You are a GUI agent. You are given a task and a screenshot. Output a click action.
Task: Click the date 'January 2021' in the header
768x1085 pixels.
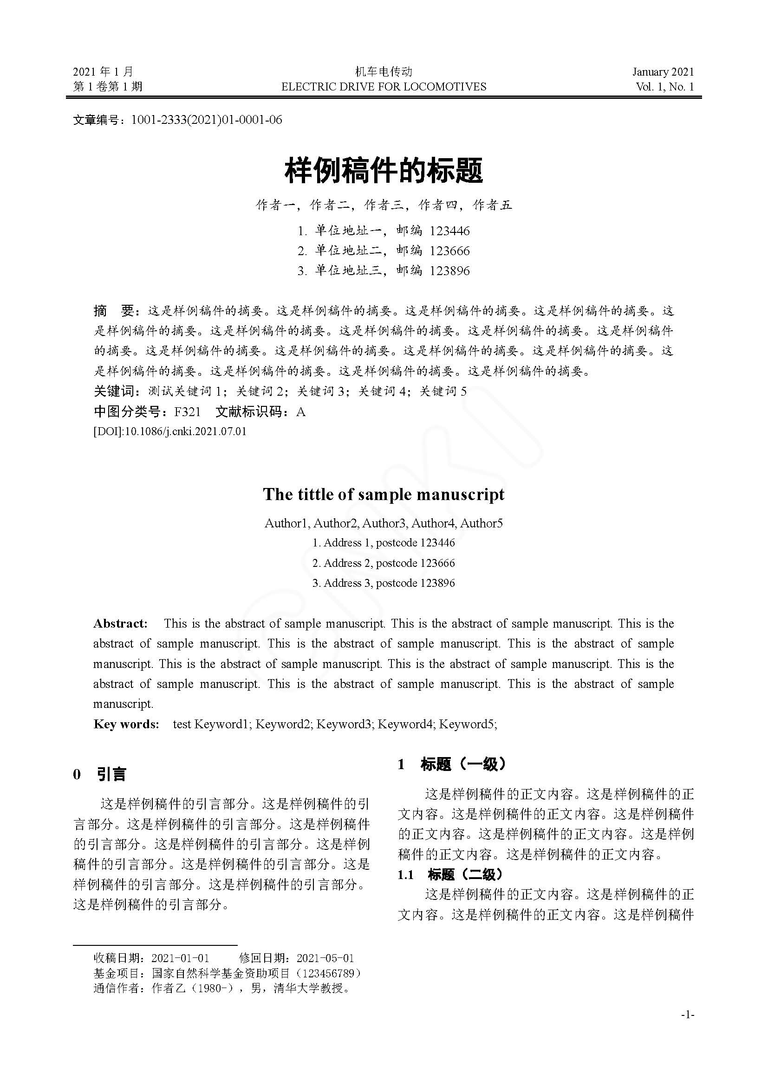pyautogui.click(x=663, y=72)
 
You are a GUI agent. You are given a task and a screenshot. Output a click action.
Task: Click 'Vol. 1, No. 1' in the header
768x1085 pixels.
pyautogui.click(x=665, y=86)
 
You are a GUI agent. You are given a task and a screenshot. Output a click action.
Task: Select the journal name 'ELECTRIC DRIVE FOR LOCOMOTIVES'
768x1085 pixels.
pyautogui.click(x=384, y=86)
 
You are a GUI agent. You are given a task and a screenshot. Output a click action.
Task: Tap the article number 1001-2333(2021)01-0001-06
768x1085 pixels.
pyautogui.click(x=206, y=120)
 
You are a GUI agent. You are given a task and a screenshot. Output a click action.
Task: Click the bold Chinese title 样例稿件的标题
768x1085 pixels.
pyautogui.click(x=384, y=171)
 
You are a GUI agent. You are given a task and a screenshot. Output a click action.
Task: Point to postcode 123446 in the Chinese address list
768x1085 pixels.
pyautogui.click(x=449, y=231)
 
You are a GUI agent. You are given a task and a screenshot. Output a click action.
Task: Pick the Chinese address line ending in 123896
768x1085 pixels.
pyautogui.click(x=384, y=271)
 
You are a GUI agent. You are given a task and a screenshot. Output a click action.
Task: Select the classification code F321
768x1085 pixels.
pyautogui.click(x=187, y=412)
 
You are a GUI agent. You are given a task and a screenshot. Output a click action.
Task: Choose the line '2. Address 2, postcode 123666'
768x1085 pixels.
pyautogui.click(x=384, y=563)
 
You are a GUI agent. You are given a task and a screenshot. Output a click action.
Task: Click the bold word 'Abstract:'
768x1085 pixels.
pyautogui.click(x=121, y=624)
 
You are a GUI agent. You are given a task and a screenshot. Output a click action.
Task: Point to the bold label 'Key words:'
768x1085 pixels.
pyautogui.click(x=126, y=725)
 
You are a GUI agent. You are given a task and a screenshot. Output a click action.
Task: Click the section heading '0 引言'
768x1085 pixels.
pyautogui.click(x=100, y=775)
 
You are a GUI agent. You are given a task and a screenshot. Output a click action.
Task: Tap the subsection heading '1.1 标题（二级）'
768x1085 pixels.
pyautogui.click(x=450, y=875)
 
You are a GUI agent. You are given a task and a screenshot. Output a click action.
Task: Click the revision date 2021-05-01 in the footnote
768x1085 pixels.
pyautogui.click(x=325, y=958)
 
